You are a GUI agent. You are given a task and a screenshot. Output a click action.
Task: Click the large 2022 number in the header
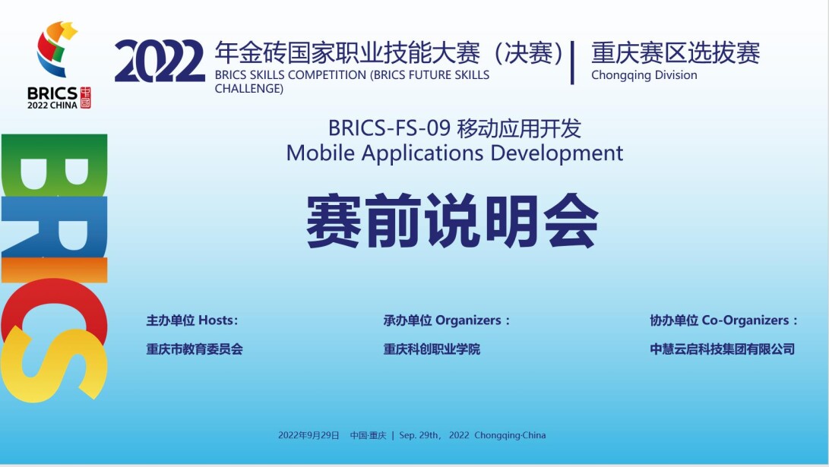click(x=159, y=62)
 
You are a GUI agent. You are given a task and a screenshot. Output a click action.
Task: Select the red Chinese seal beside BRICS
click(x=85, y=98)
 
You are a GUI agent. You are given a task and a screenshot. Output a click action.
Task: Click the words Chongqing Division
click(x=644, y=75)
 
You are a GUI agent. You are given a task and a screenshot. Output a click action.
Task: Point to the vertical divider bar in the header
click(x=573, y=62)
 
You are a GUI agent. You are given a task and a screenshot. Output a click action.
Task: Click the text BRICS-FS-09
click(x=389, y=128)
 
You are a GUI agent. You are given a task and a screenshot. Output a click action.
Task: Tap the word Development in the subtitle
click(x=557, y=153)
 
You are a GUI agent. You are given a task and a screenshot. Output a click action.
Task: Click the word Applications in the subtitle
click(x=422, y=153)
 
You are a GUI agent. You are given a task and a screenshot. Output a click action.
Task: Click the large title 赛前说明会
click(x=453, y=221)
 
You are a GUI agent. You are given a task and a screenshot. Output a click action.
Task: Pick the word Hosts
click(x=218, y=320)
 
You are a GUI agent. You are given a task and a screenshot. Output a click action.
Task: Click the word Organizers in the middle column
click(x=468, y=320)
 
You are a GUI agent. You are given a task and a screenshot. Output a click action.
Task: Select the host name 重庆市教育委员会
click(x=195, y=349)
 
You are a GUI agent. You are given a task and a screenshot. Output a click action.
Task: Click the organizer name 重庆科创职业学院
click(x=432, y=349)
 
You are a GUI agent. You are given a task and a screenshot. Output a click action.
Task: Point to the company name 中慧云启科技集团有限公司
click(x=722, y=349)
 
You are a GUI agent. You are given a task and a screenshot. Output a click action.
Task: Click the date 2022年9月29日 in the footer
click(x=309, y=435)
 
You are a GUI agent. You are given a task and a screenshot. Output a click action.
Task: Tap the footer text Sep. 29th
click(x=419, y=435)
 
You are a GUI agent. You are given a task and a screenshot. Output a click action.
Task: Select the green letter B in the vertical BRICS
click(x=55, y=166)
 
